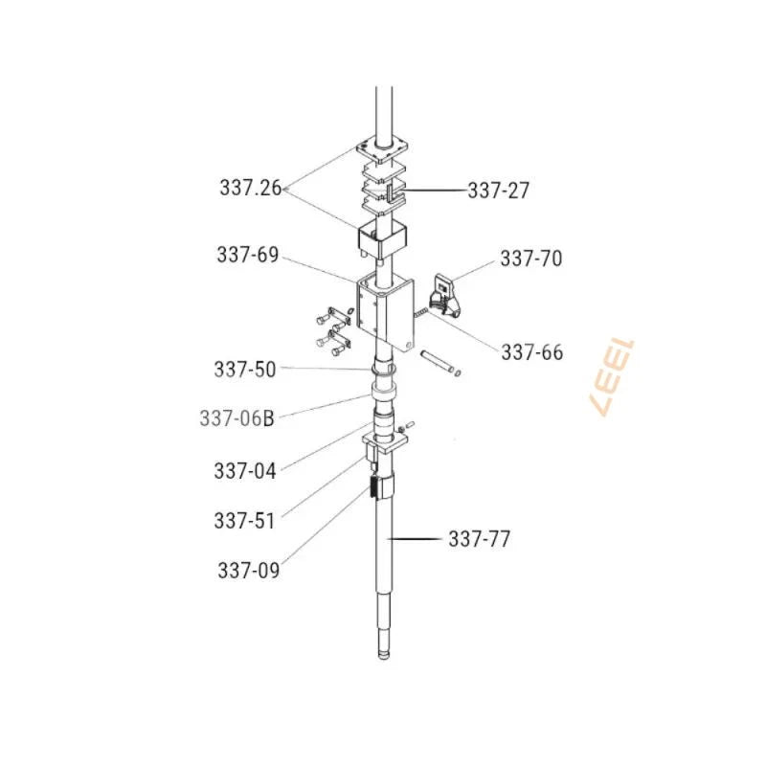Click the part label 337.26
pyautogui.click(x=251, y=188)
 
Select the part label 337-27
pyautogui.click(x=498, y=191)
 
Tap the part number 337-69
pyautogui.click(x=248, y=255)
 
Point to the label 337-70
pyautogui.click(x=531, y=259)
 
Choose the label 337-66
pyautogui.click(x=532, y=352)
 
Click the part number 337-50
pyautogui.click(x=245, y=370)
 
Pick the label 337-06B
pyautogui.click(x=237, y=418)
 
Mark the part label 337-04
pyautogui.click(x=245, y=471)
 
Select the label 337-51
pyautogui.click(x=245, y=521)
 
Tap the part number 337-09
pyautogui.click(x=249, y=570)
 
